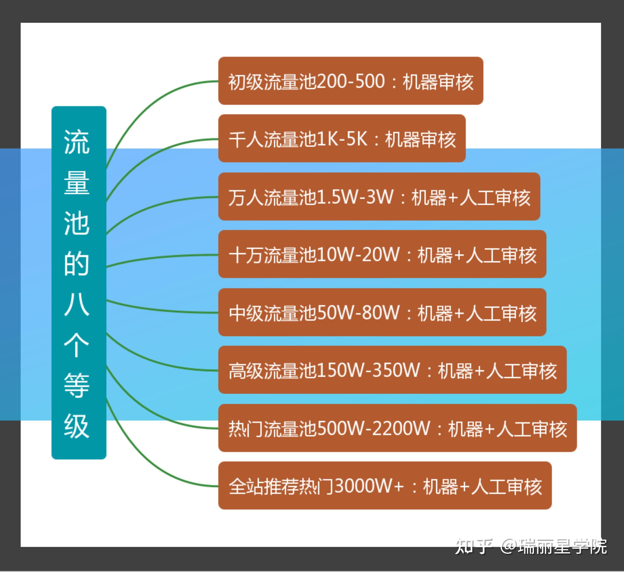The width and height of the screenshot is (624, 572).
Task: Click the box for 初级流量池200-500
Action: point(351,81)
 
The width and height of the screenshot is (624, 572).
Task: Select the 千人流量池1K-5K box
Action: point(342,138)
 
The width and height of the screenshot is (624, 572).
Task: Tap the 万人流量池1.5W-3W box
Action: point(379,197)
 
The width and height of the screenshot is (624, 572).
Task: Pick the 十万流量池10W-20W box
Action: point(382,254)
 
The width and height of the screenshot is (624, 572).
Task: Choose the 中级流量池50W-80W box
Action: point(382,312)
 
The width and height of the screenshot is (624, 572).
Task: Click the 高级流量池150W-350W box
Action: point(393,370)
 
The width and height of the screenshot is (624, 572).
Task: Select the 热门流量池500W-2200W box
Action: point(397,428)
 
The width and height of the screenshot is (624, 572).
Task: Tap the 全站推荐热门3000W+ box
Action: point(385,486)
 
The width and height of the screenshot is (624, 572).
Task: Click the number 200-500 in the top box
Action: point(351,81)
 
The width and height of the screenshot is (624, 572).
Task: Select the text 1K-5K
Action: point(343,139)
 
